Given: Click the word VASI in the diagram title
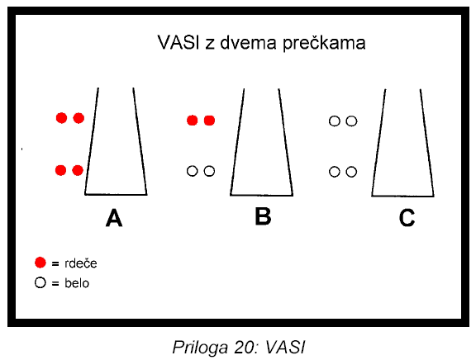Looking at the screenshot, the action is pos(178,42).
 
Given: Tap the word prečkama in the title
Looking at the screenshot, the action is pos(324,44).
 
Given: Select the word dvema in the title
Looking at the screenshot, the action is pos(248,42).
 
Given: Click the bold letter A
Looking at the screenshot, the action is pos(114,218).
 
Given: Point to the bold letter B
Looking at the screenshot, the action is pos(263,216).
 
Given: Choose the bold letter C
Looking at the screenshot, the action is pos(407,218).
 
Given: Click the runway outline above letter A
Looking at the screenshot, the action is pos(91,141).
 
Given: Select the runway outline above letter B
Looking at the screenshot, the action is pos(237,142).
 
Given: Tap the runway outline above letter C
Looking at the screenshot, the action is pos(378,143).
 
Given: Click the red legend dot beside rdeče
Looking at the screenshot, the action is pos(40,263).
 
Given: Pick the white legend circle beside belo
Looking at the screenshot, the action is pos(40,282).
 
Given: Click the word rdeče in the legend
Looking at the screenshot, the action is pos(81,263).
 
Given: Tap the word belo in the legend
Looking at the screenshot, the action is pos(77,283).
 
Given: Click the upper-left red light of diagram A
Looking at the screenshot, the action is pos(62,118).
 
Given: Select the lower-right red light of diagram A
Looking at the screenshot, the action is pos(78,170).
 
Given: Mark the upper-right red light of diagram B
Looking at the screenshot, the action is pos(209,121).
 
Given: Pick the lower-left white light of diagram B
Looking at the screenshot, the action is pos(193,171).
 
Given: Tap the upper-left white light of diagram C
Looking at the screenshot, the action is pos(335,121).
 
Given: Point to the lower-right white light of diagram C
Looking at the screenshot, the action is pos(351,172).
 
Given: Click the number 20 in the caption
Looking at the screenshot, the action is pos(245,347).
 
